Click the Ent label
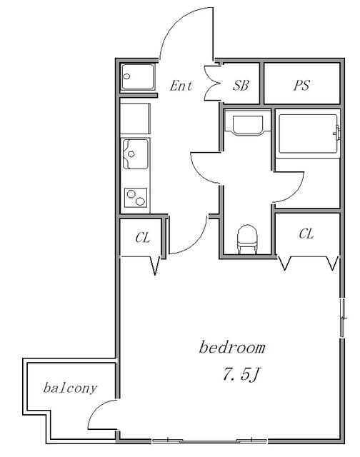point(181,86)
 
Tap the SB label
point(241,85)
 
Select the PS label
point(301,86)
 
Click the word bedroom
point(232,347)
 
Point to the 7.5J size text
point(241,374)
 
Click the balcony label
point(70,388)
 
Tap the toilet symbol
point(247,239)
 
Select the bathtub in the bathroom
point(308,134)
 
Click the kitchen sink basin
point(136,154)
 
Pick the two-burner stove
point(136,197)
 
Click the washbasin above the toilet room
point(247,126)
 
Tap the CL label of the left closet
point(143,238)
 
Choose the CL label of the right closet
point(306,233)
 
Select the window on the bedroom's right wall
point(344,318)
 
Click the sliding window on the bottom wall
point(209,441)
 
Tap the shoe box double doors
point(212,84)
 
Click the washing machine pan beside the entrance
point(138,77)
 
